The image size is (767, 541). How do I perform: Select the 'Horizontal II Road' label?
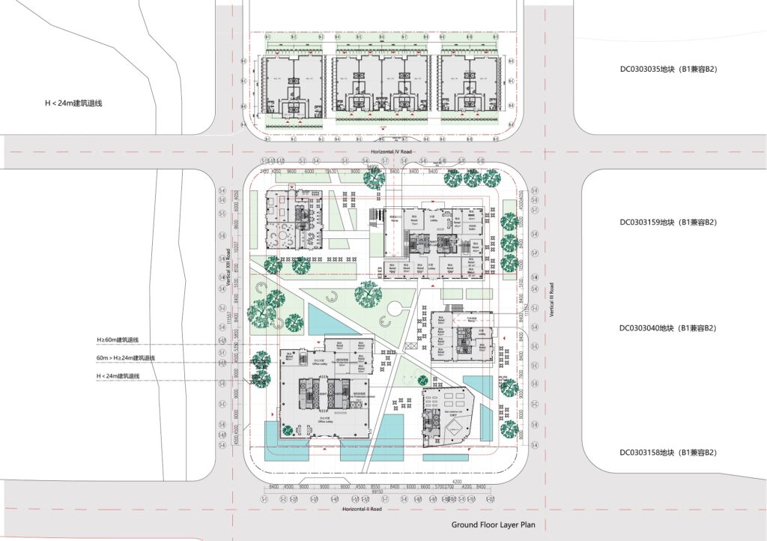coord(363,509)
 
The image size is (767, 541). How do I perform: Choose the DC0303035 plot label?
coord(659,70)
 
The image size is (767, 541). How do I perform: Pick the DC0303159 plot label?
coord(659,223)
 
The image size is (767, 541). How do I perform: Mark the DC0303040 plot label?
coord(659,328)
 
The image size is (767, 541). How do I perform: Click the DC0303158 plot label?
coord(659,453)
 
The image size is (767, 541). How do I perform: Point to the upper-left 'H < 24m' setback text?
coord(73,103)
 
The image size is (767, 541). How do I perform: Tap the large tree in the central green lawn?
coord(368,294)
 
